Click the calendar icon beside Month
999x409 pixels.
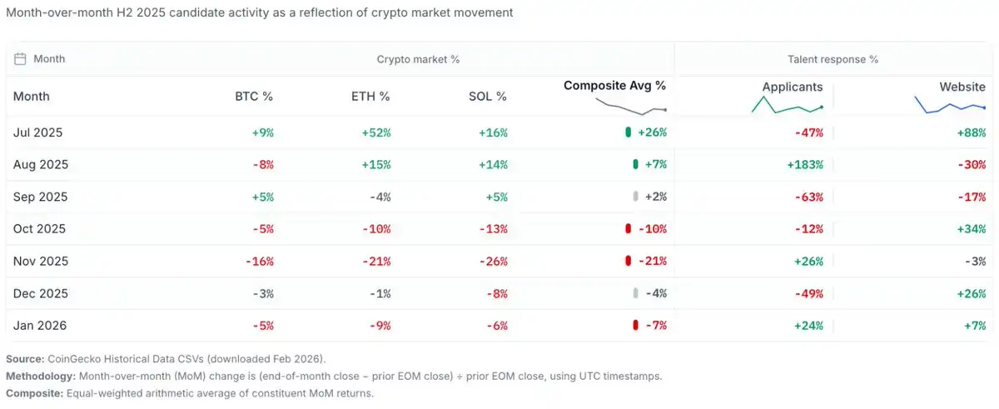21,59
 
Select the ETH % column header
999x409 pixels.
370,97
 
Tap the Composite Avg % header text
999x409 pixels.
614,85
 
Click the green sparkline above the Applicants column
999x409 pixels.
787,105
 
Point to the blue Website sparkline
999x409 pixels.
950,106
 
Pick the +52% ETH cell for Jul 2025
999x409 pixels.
376,132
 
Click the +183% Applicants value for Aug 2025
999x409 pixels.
805,165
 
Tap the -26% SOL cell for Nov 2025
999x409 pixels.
493,262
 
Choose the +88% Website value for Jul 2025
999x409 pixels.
972,132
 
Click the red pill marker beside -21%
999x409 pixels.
628,262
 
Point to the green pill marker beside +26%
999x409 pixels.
628,132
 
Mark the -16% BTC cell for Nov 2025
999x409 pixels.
259,262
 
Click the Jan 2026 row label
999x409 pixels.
39,326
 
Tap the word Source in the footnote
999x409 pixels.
24,359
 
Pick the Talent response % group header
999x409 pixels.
832,59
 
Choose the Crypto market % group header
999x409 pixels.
418,59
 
